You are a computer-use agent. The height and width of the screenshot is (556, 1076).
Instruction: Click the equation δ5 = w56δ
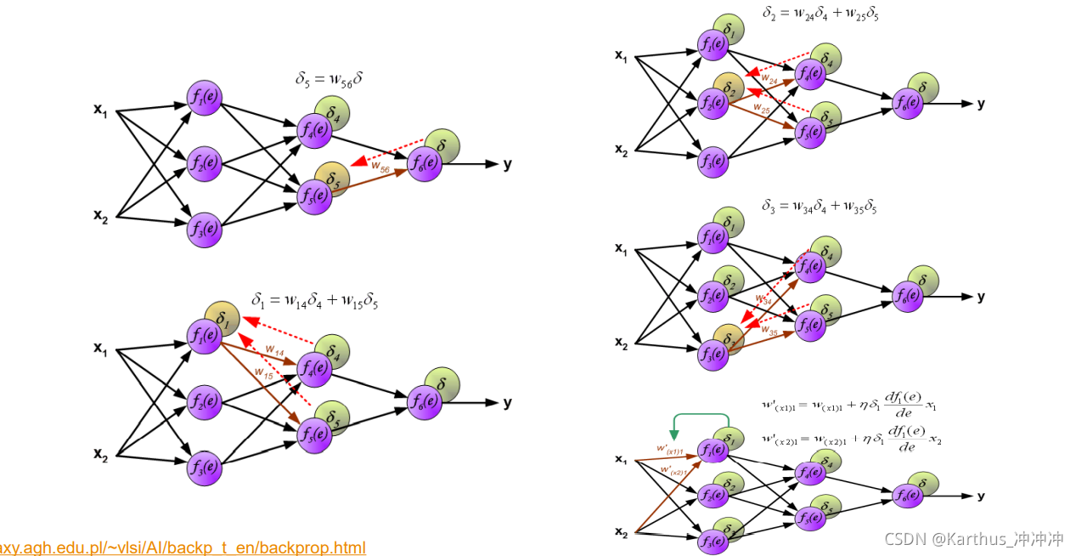point(330,81)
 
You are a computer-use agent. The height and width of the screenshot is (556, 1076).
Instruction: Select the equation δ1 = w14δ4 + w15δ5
point(314,300)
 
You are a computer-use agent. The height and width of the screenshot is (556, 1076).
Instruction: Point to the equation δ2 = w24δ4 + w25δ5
point(820,14)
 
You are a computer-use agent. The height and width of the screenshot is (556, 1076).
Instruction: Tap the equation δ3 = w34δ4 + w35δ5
point(820,207)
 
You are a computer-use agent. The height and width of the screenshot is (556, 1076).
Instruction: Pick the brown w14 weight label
point(274,349)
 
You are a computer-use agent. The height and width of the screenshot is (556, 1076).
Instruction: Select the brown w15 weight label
point(263,372)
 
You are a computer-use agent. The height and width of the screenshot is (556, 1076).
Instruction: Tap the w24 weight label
point(769,78)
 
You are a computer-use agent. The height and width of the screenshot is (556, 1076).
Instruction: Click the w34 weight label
point(764,298)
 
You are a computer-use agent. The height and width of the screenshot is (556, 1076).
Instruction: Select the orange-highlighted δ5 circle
point(333,178)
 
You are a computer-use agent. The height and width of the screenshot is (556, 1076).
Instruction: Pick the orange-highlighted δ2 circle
point(729,87)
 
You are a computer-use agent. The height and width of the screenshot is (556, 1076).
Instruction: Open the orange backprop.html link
point(183,547)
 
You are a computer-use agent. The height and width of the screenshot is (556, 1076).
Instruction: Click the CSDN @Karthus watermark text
point(973,538)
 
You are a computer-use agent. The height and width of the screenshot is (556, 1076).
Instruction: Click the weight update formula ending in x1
point(849,406)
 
